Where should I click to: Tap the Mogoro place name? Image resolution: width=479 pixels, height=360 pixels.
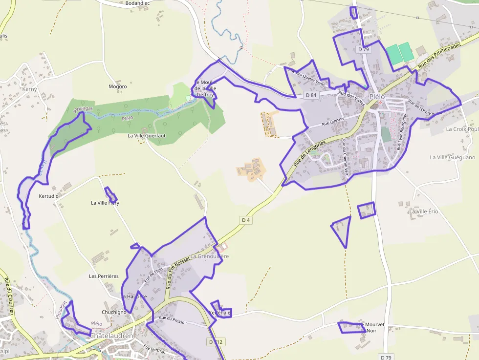117,86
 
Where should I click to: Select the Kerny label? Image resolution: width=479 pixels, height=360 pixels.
29,89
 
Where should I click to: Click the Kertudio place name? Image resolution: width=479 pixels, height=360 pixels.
48,196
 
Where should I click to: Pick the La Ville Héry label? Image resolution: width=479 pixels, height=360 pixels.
105,203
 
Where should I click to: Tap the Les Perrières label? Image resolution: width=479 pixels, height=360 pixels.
104,276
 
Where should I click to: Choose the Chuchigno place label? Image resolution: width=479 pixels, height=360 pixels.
114,312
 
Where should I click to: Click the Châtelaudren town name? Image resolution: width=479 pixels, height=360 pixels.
111,336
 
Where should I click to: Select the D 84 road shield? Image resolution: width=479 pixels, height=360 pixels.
311,95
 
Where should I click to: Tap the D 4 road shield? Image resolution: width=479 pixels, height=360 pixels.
246,220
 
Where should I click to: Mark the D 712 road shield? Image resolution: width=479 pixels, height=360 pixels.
216,342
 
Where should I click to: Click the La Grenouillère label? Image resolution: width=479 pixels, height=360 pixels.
209,256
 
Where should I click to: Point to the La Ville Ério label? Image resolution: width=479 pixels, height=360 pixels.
424,212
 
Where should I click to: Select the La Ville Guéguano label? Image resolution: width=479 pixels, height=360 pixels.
453,157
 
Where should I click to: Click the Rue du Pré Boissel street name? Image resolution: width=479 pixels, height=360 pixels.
177,272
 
